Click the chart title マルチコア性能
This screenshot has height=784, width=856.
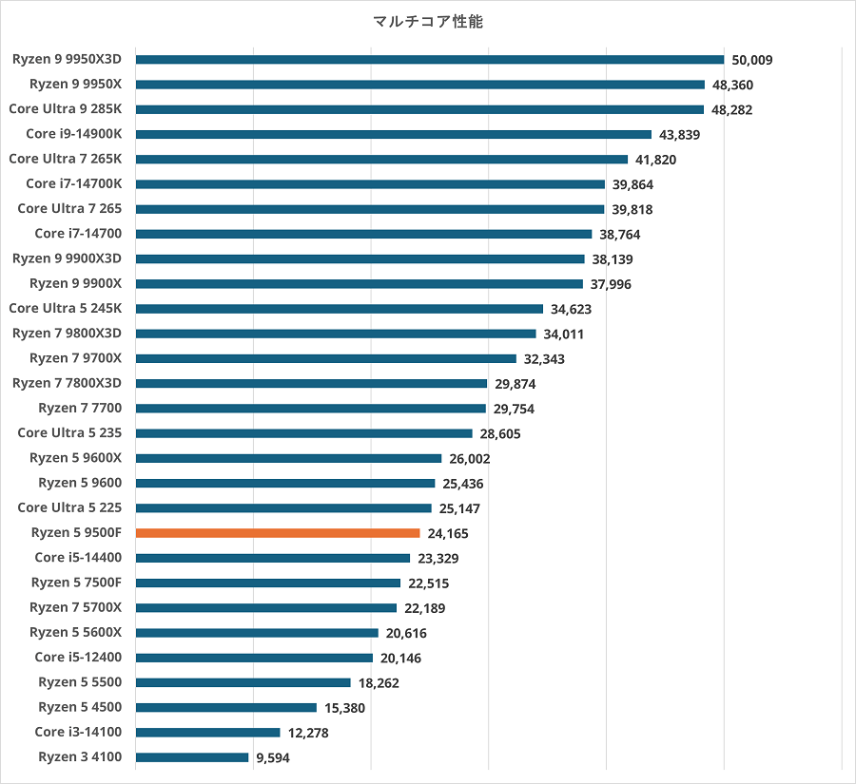[428, 21]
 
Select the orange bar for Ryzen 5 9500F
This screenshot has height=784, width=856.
[278, 533]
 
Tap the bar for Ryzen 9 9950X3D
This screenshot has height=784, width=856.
[430, 60]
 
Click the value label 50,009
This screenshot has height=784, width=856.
[752, 60]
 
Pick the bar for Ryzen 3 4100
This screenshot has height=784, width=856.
[192, 757]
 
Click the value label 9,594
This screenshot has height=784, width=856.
[272, 757]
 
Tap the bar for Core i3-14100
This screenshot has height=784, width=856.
[208, 733]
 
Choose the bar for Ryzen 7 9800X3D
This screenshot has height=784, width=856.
[336, 334]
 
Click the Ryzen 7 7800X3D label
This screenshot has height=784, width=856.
[73, 383]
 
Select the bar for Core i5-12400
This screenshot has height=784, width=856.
[254, 658]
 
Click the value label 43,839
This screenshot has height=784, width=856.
[679, 134]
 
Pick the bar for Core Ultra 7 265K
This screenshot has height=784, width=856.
[381, 159]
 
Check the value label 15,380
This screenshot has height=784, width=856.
[344, 708]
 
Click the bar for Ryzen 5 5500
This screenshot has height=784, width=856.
[243, 682]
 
